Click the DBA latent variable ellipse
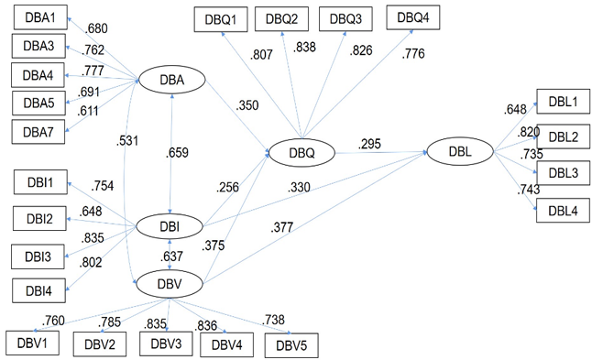coord(171,80)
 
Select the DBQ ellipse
coord(301,152)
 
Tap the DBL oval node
coord(460,151)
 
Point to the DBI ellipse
coord(170,226)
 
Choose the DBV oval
coord(170,284)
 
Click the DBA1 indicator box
coord(40,17)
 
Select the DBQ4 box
coord(413,17)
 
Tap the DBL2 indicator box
coord(563,136)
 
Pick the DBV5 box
coord(291,345)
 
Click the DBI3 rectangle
coord(38,256)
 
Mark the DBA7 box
coord(38,132)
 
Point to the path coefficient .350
coord(247,105)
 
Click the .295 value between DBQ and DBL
coord(369,144)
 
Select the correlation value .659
coord(177,152)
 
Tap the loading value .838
coord(304,47)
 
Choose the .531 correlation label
coord(127,141)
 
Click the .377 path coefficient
coord(281,227)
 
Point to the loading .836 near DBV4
coord(206,325)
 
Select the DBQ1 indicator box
coord(221,19)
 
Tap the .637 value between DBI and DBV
coord(171,256)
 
